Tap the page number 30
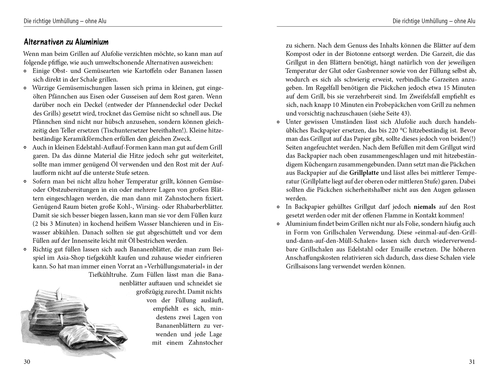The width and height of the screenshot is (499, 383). pyautogui.click(x=27, y=362)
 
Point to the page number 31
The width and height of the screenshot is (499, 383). pyautogui.click(x=472, y=362)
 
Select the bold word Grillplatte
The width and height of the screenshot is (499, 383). pyautogui.click(x=364, y=173)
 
